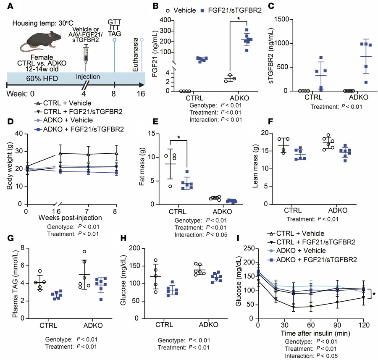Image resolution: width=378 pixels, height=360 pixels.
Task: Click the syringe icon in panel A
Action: point(86,55)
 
